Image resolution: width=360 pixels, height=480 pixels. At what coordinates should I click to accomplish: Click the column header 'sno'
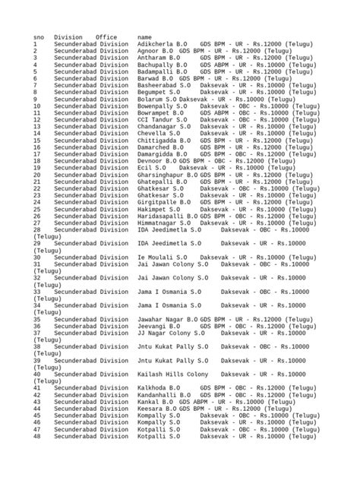(x=39, y=37)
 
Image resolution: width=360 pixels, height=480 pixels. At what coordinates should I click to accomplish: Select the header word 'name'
(x=145, y=37)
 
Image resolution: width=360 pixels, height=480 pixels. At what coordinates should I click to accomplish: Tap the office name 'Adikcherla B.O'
(x=161, y=44)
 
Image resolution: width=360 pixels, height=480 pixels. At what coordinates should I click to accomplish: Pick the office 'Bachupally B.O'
(x=161, y=65)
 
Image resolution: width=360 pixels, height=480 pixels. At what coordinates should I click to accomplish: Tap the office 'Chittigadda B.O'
(x=163, y=140)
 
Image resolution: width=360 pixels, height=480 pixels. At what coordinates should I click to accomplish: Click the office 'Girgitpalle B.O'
(x=163, y=201)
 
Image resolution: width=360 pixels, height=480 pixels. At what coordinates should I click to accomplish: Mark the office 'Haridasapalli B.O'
(x=166, y=215)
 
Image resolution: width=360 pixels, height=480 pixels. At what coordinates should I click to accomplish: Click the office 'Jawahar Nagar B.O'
(x=167, y=318)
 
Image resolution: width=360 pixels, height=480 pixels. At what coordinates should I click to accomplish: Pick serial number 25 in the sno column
(x=37, y=208)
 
